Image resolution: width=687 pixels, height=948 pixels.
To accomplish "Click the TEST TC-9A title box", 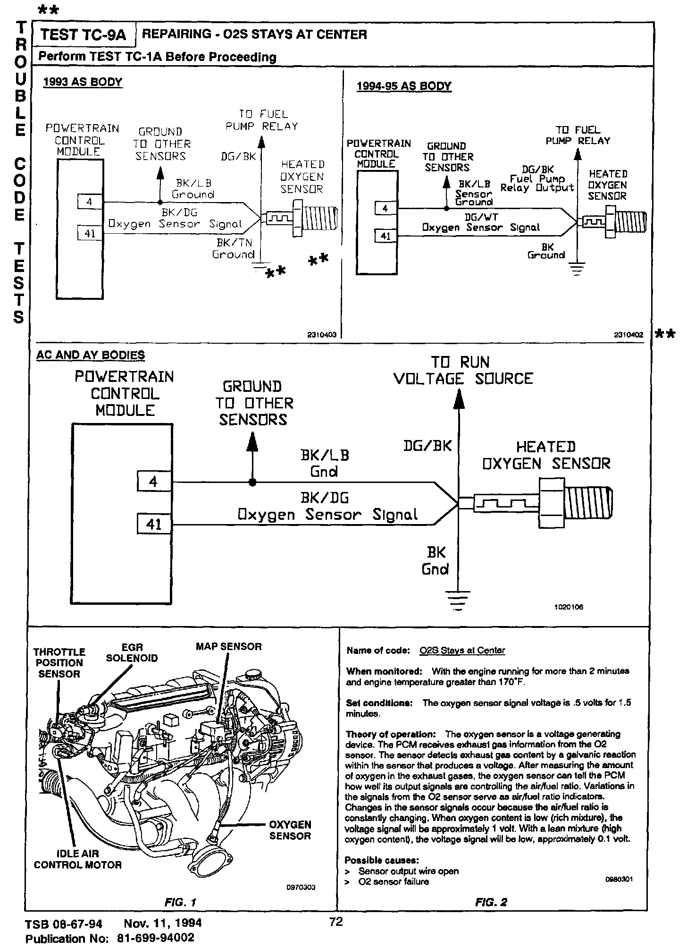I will (84, 34).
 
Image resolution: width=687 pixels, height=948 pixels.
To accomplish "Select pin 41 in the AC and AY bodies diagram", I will (154, 525).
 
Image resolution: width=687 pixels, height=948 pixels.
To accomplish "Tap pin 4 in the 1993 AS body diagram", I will (90, 202).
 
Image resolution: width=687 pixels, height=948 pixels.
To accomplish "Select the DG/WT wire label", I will (481, 217).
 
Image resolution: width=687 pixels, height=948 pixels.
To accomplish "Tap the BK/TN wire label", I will (235, 243).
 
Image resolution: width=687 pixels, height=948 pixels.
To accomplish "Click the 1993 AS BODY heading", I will (83, 82).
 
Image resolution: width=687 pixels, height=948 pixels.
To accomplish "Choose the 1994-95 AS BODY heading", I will (404, 86).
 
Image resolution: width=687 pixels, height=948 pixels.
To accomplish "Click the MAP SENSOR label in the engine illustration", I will (228, 646).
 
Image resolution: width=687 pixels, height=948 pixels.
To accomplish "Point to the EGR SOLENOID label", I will (132, 652).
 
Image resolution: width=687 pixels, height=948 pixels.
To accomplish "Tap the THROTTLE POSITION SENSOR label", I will (59, 662).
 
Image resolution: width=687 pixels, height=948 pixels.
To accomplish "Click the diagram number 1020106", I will (569, 607).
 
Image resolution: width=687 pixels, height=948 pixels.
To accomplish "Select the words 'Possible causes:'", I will (382, 860).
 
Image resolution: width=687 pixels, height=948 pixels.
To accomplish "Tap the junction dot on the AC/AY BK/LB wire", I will (253, 482).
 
